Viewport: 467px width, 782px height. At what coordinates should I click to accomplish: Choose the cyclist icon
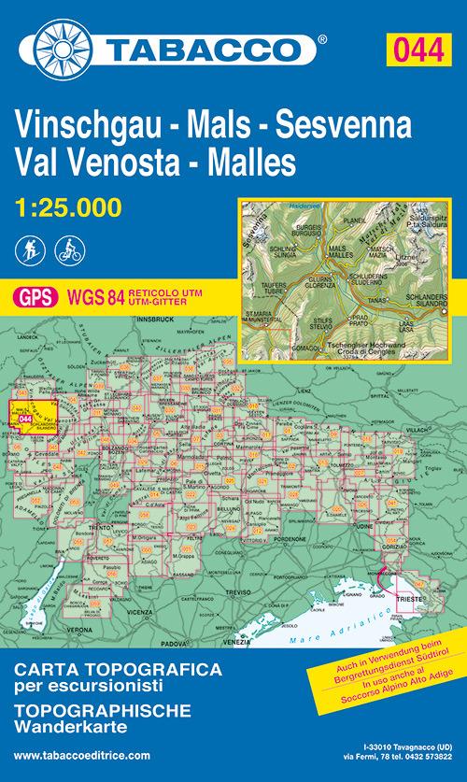click(68, 250)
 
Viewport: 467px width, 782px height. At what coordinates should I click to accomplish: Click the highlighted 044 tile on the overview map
click(27, 419)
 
